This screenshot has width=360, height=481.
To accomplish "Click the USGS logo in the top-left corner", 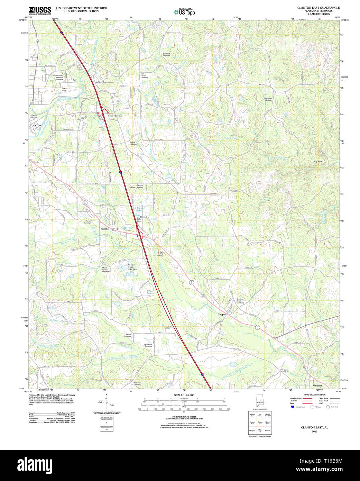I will click(x=40, y=10).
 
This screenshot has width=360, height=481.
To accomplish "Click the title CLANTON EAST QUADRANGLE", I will click(x=318, y=8).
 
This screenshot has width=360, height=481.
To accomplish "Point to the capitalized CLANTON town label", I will click(x=36, y=126).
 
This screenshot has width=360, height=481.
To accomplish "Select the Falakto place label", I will click(x=104, y=229).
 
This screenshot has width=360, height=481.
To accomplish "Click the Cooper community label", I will click(x=222, y=315).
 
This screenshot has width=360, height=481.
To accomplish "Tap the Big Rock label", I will click(x=318, y=162).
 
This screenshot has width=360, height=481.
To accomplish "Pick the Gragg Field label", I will click(x=64, y=89).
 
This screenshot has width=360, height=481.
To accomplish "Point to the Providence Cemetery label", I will click(x=268, y=99).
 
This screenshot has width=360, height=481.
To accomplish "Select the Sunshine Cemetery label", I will click(x=166, y=54).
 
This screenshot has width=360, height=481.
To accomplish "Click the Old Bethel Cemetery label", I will click(x=148, y=345).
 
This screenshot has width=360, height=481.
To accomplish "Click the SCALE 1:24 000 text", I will click(x=184, y=395).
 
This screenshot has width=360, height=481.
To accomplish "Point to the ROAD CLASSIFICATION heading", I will click(x=314, y=395).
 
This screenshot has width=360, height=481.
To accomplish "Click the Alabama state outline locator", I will click(x=260, y=399).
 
